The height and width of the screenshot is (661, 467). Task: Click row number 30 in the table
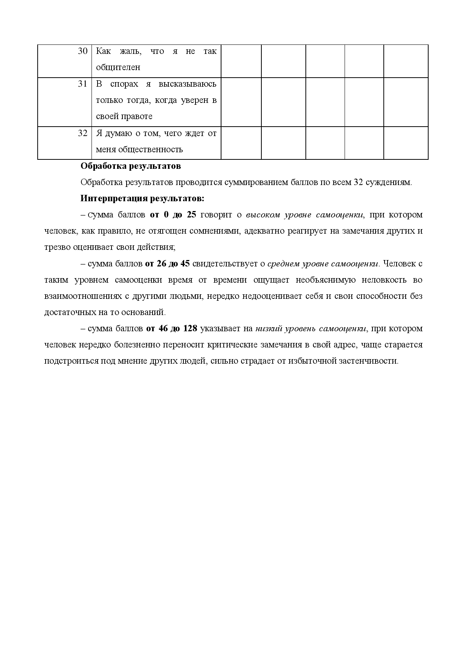(82, 51)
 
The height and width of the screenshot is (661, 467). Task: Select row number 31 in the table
(82, 84)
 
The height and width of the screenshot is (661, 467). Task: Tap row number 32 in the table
(82, 133)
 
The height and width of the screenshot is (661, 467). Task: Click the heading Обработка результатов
(131, 166)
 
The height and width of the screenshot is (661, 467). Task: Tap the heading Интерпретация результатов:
(142, 198)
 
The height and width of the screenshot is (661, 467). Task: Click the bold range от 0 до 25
(173, 215)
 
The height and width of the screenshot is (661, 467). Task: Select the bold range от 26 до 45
(167, 264)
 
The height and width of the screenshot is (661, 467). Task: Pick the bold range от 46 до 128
(172, 329)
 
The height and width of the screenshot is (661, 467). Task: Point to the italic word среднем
(283, 264)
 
